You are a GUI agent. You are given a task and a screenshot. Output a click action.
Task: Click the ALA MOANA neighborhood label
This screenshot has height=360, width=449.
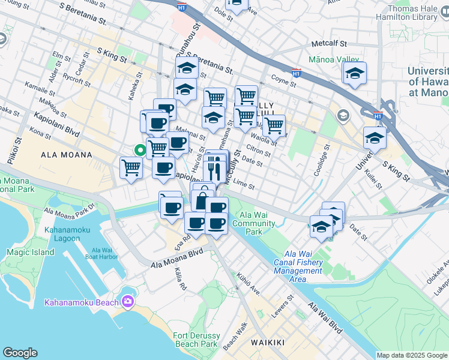tap(67, 155)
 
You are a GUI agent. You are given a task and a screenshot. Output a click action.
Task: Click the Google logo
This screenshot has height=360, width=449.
tap(20, 353)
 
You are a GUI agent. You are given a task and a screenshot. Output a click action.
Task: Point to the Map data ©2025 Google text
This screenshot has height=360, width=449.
tap(411, 355)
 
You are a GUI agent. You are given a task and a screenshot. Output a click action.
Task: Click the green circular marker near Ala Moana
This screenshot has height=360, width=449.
tap(140, 151)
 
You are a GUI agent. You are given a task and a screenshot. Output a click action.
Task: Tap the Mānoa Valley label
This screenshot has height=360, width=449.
tap(333, 60)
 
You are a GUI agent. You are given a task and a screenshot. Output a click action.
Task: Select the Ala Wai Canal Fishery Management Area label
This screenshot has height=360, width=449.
tap(298, 266)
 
